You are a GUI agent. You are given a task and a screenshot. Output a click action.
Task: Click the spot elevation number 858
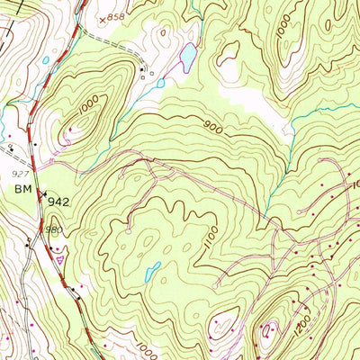(x=115, y=17)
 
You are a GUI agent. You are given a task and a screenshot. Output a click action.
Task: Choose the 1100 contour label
(x=211, y=236)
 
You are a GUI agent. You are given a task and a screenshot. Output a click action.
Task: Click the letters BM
(x=22, y=189)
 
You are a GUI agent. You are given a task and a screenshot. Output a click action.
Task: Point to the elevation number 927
(x=20, y=171)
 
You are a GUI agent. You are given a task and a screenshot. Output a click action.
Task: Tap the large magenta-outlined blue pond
(x=188, y=59)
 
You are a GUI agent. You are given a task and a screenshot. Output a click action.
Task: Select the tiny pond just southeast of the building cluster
(x=159, y=84)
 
